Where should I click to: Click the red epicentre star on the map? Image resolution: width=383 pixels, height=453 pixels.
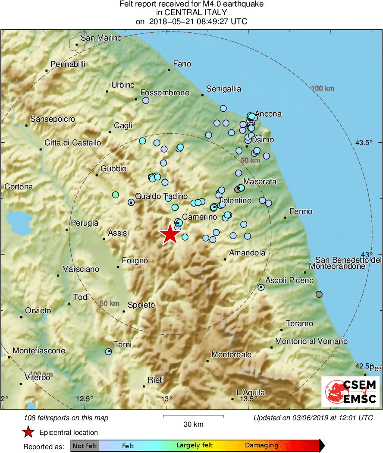point(170,235)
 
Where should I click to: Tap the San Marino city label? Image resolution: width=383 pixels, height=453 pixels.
point(101,38)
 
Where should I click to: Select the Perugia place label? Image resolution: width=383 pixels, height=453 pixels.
point(85,223)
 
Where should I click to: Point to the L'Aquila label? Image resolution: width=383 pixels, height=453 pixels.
point(251,392)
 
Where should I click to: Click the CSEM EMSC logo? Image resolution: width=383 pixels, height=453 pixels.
point(350,392)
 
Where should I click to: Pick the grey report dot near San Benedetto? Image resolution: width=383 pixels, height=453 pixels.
point(319,294)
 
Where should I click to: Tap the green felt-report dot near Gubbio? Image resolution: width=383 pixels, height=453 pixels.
point(115,195)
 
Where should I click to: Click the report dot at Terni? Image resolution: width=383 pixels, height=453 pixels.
point(108,352)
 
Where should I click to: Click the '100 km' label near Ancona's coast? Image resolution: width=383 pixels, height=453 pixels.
point(323,89)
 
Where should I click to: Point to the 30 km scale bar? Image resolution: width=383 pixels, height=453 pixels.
point(193,416)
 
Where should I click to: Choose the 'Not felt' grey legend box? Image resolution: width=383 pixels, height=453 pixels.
point(85,446)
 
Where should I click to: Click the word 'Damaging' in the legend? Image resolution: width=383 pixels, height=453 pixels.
point(261,446)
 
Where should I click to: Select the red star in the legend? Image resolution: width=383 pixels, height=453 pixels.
point(28,432)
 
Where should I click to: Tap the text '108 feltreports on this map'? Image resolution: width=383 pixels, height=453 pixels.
point(67,418)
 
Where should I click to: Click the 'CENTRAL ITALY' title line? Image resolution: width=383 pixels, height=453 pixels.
point(191,13)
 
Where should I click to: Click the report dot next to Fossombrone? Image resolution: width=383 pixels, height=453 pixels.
point(146,101)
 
